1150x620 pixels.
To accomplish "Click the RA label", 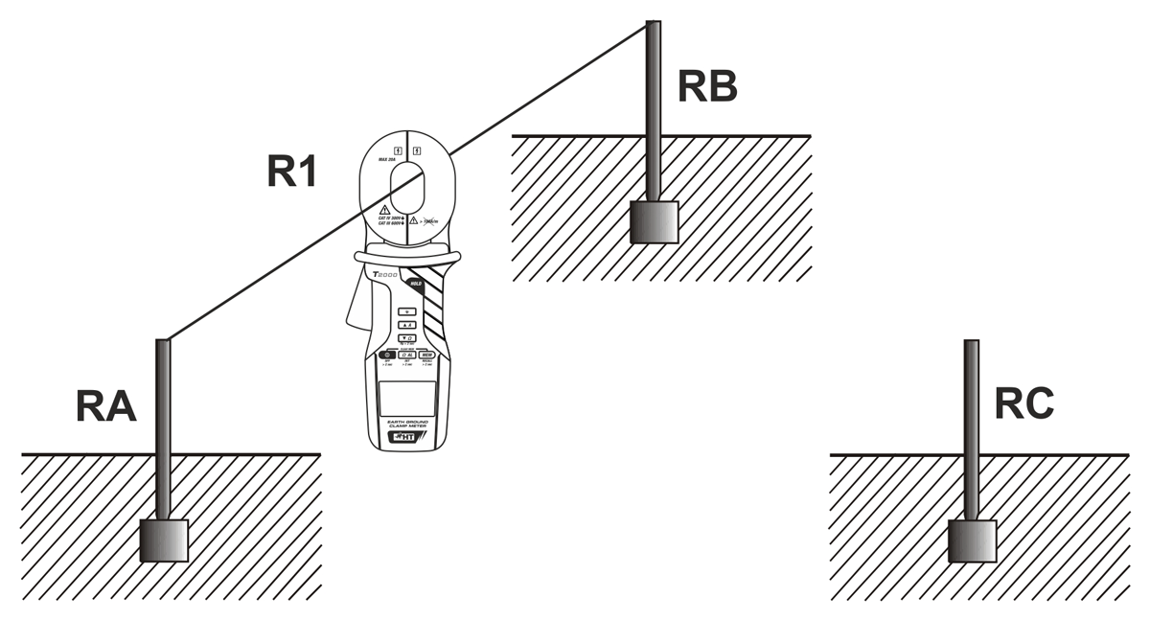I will [106, 405].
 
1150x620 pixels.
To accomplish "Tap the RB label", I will [707, 86].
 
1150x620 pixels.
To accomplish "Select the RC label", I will [1024, 404].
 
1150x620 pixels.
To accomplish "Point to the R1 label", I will [291, 171].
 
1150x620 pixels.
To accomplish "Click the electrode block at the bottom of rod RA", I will [164, 540].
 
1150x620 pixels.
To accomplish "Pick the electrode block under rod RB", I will [654, 222].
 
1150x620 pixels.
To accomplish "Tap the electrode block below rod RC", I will [972, 540].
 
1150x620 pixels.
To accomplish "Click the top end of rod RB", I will [654, 24].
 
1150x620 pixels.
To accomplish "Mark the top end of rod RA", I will [164, 342].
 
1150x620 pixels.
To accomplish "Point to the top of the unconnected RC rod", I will [972, 343].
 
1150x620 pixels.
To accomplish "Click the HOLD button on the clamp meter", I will [416, 284].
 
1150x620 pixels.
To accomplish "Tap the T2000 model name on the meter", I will [385, 275].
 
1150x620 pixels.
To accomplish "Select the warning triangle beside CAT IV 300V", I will [384, 209].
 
